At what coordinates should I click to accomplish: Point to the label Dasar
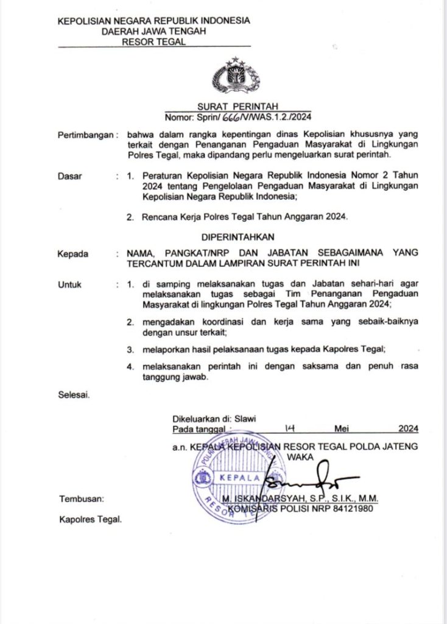(x=69, y=176)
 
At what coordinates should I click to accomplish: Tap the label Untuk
(x=69, y=284)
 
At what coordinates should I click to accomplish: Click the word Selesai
(x=73, y=394)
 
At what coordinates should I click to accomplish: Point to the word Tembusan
(x=82, y=498)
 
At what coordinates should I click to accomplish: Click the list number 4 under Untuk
(x=129, y=367)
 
